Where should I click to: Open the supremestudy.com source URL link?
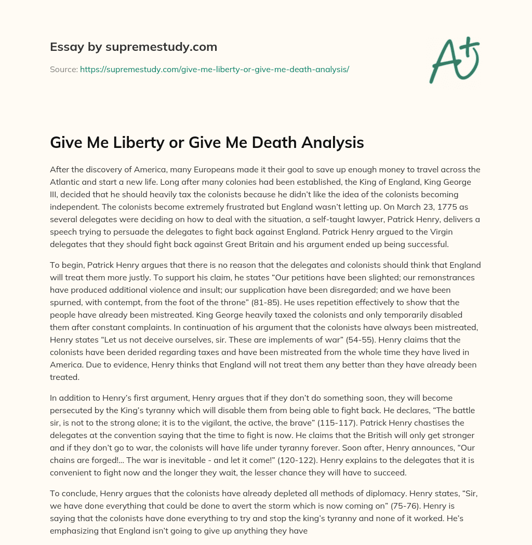[214, 69]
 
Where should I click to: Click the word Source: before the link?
[64, 69]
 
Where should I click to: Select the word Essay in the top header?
[66, 47]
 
